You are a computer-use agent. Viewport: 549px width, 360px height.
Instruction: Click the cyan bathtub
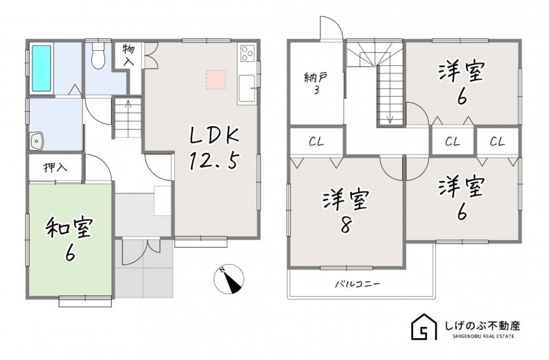pos(42,68)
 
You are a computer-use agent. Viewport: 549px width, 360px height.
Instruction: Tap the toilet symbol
pos(98,56)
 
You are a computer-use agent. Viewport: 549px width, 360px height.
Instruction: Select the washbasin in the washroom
pos(36,141)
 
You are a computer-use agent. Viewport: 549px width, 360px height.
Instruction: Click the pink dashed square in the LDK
pos(215,80)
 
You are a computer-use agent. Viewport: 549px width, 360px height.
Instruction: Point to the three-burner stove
pos(247,53)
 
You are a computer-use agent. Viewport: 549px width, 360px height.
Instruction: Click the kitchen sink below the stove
pos(247,89)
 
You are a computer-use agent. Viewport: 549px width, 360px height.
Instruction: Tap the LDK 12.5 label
pos(214,148)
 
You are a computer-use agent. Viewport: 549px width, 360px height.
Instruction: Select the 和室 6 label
pos(70,239)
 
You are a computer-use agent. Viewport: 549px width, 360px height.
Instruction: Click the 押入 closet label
pos(56,168)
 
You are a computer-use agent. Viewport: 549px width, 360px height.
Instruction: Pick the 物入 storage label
pos(128,55)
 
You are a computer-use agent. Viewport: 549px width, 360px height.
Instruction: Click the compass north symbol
pos(229,279)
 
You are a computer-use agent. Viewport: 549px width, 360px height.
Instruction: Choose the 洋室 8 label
pos(345,213)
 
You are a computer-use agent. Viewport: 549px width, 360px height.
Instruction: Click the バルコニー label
pos(358,283)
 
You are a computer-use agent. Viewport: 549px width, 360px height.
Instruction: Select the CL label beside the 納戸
pos(316,142)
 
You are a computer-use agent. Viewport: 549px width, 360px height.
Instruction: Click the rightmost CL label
pos(498,142)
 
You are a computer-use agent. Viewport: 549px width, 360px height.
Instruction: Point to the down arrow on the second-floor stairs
pos(390,118)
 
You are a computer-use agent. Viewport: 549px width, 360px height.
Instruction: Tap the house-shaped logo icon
pos(424,327)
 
